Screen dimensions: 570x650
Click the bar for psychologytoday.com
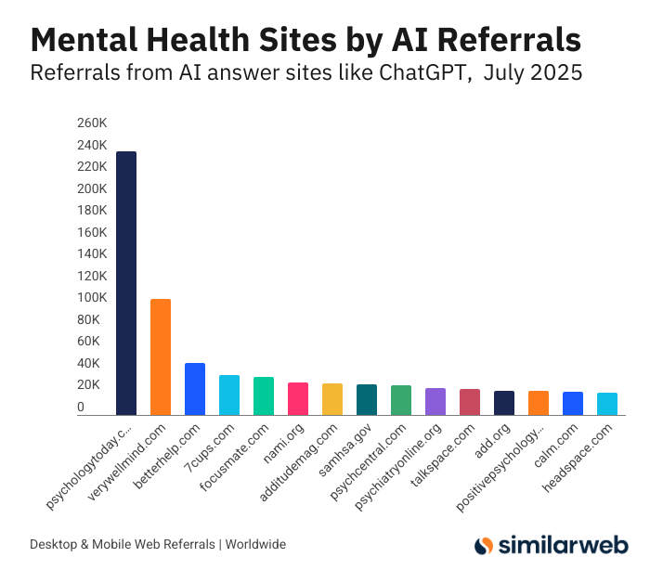click(x=126, y=283)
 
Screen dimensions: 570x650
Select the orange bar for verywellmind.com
click(x=161, y=356)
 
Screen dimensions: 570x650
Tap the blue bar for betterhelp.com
click(x=195, y=389)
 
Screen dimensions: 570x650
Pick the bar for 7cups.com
click(x=229, y=395)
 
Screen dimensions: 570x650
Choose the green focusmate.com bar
click(x=264, y=395)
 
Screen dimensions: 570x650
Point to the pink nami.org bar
click(x=298, y=398)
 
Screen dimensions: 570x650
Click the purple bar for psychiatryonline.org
click(x=435, y=401)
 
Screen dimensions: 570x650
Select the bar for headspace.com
click(x=607, y=404)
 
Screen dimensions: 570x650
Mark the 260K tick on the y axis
click(x=92, y=123)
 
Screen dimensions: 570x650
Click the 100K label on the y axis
click(x=92, y=298)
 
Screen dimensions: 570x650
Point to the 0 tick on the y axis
click(x=81, y=408)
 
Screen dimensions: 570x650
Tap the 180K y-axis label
click(x=92, y=211)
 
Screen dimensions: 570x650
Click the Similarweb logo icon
click(x=483, y=545)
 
